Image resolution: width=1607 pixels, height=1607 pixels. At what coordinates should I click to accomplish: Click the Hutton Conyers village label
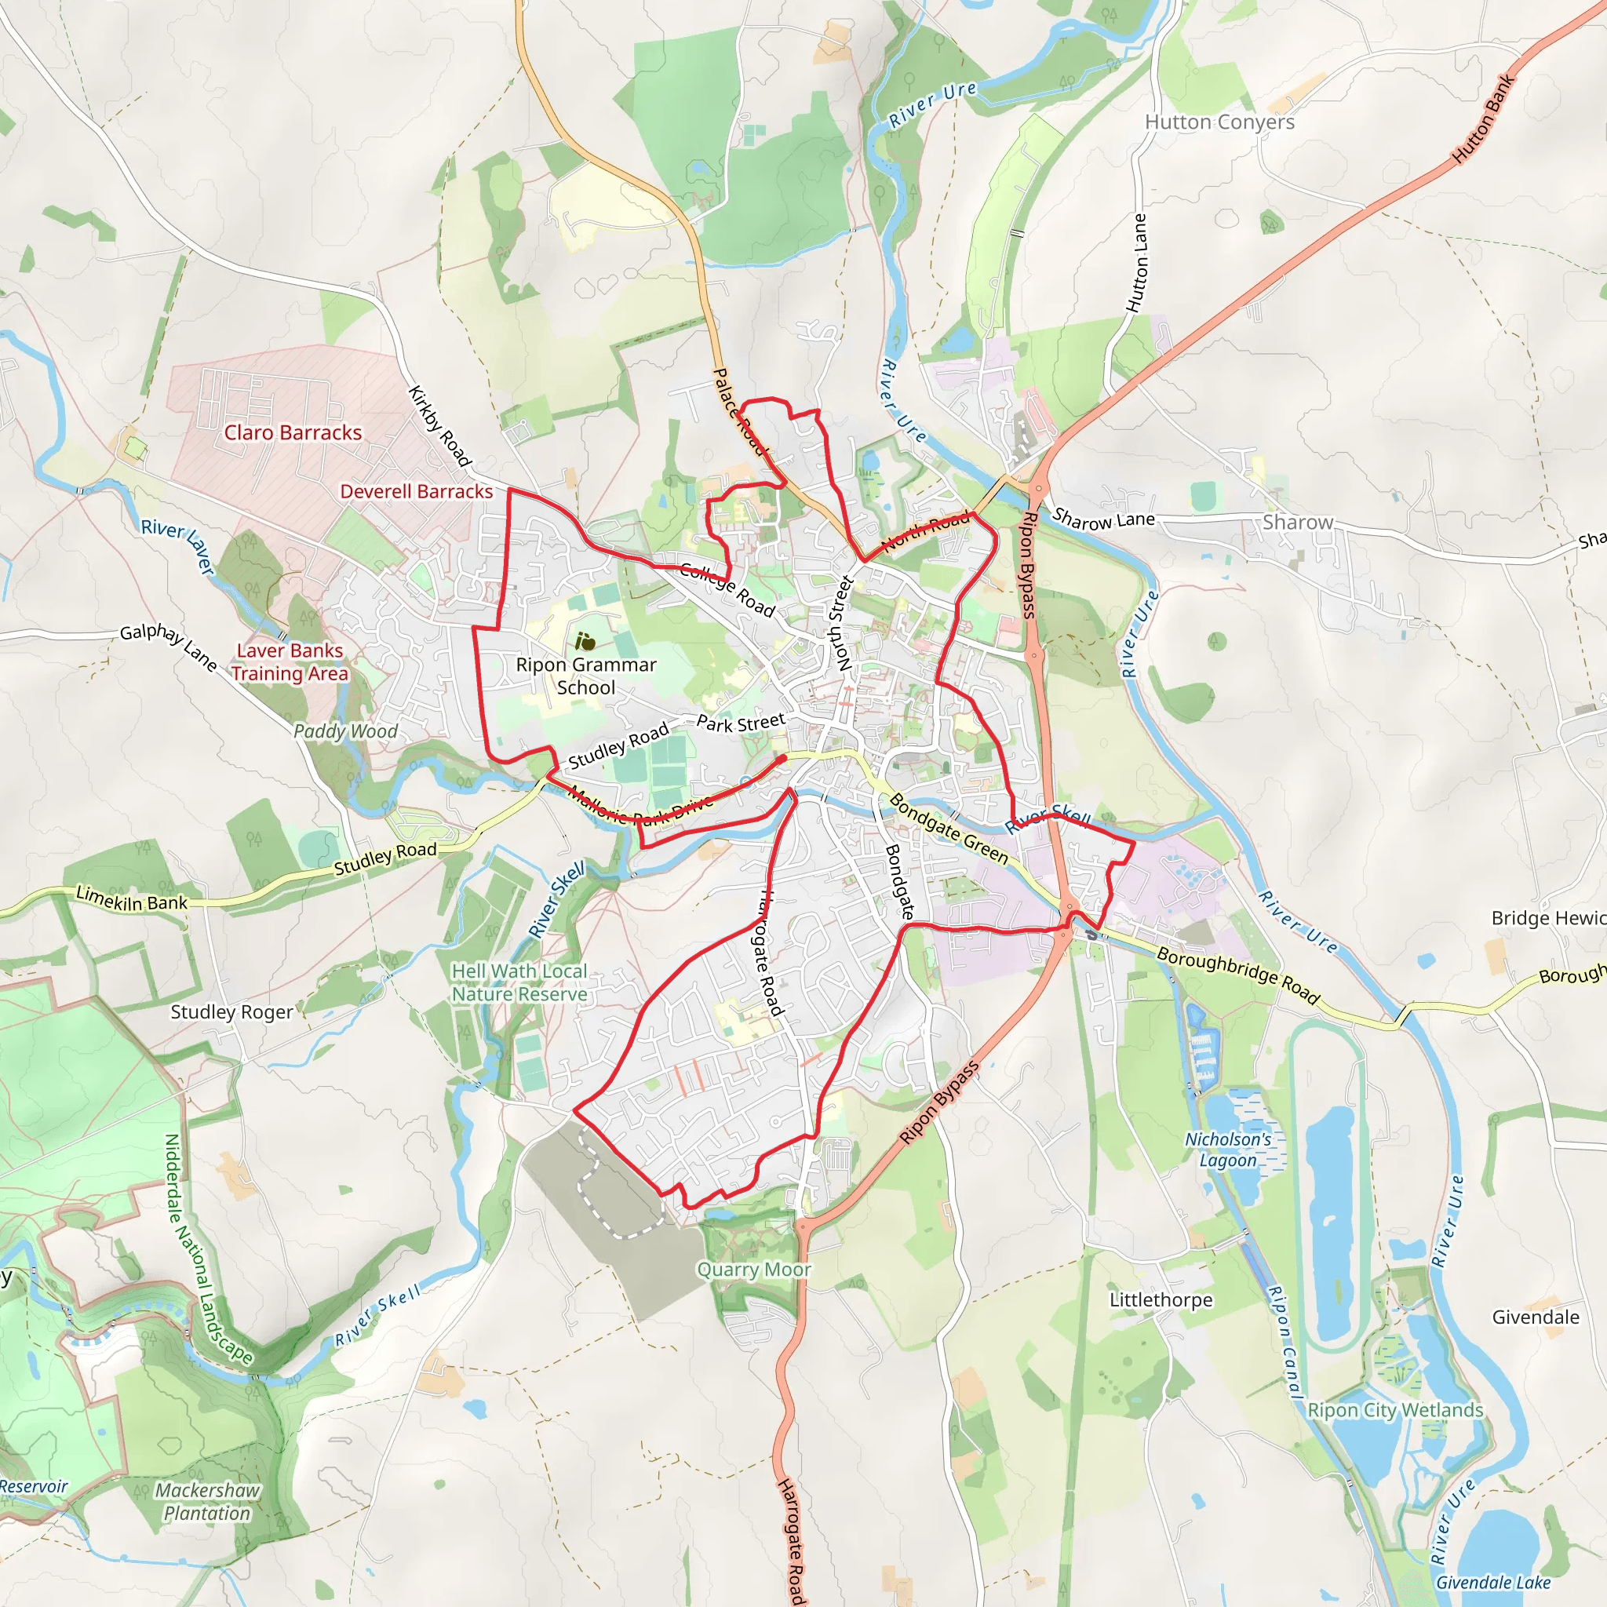(x=1219, y=122)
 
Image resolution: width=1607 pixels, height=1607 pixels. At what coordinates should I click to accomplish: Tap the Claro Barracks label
(x=293, y=432)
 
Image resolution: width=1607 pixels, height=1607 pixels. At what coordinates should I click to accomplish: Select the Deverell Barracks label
(x=416, y=491)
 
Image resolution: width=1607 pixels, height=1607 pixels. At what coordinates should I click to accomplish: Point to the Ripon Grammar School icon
(x=585, y=641)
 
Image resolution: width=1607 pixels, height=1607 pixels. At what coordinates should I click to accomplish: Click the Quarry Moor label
(x=753, y=1270)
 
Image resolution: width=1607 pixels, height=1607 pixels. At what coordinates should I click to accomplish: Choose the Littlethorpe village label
(x=1161, y=1300)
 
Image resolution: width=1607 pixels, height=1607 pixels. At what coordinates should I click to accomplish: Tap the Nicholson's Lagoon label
(x=1228, y=1150)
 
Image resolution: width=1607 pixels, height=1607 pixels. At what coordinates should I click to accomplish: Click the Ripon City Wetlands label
(x=1395, y=1410)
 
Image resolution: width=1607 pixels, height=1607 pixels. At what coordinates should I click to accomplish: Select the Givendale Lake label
(x=1493, y=1583)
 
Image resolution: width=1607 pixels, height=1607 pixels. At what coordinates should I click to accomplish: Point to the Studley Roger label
(x=231, y=1012)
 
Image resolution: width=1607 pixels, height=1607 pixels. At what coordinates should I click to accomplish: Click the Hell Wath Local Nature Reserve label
(x=519, y=982)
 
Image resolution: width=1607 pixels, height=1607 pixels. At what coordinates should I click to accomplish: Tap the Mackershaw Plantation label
(x=207, y=1502)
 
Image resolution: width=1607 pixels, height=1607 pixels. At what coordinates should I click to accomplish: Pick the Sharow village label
(x=1298, y=523)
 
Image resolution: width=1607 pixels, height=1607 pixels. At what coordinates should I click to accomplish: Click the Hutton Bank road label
(x=1483, y=118)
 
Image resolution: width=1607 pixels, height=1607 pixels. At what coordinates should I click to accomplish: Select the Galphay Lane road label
(x=169, y=647)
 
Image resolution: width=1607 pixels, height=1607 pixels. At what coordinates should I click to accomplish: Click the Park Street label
(x=740, y=723)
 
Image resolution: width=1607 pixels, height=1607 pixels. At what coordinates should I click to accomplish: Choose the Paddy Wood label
(x=345, y=731)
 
